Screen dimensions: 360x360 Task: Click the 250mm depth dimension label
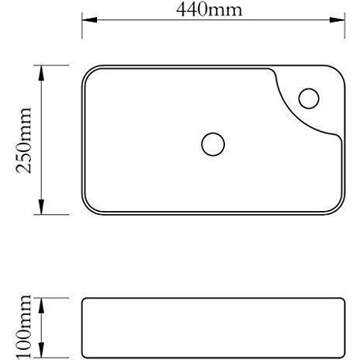tap(24, 140)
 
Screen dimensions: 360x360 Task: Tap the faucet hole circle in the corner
tap(309, 99)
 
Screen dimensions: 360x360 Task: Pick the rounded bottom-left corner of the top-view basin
tap(87, 208)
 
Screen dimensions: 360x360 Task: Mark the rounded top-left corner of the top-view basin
tap(87, 72)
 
